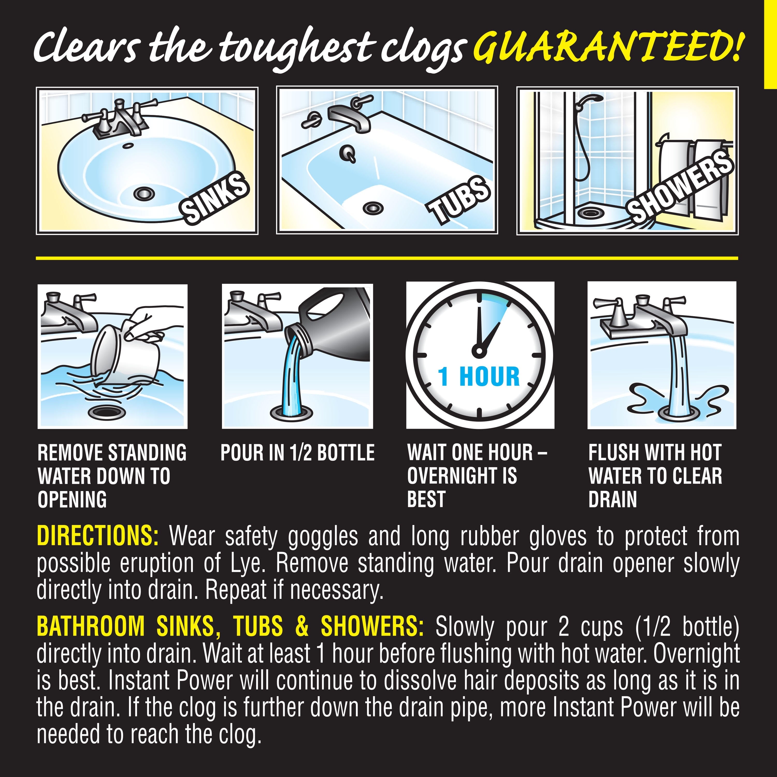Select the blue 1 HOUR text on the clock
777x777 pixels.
pyautogui.click(x=479, y=377)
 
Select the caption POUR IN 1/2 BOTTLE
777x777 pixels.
pyautogui.click(x=298, y=453)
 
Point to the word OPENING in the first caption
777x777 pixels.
pyautogui.click(x=73, y=500)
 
